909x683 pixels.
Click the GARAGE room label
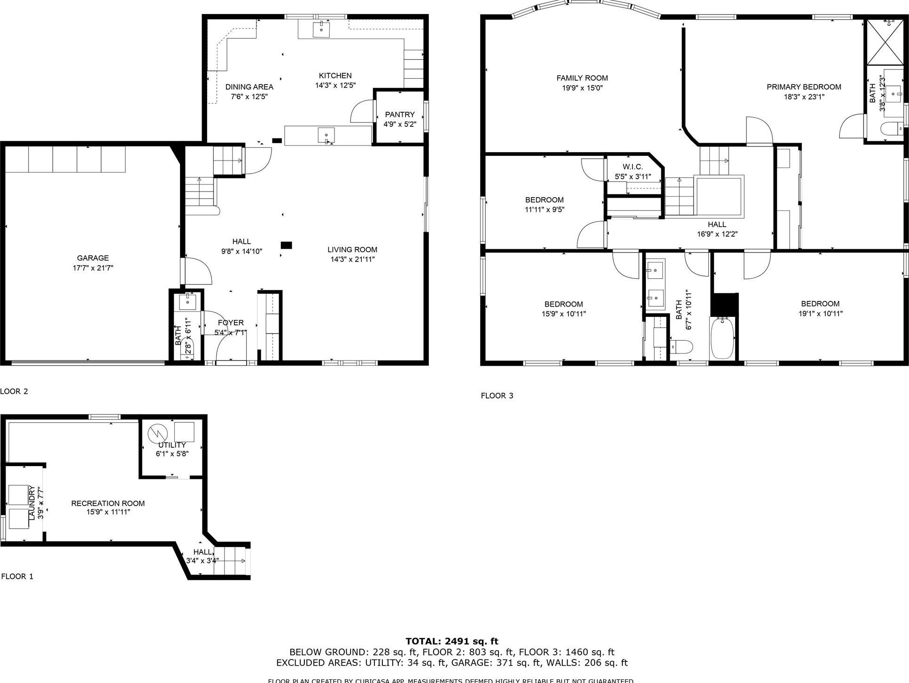[x=93, y=258]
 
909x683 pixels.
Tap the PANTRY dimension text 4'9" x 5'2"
[x=400, y=124]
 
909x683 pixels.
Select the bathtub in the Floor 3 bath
[x=722, y=338]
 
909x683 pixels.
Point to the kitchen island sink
[x=326, y=135]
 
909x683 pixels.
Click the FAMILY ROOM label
[x=582, y=78]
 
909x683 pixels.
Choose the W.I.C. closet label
[x=632, y=167]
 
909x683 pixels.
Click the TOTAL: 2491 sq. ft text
[x=451, y=641]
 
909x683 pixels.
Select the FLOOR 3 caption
[x=497, y=396]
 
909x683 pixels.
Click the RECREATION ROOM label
[x=108, y=503]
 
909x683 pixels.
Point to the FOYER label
[x=231, y=322]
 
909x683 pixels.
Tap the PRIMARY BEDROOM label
[x=803, y=87]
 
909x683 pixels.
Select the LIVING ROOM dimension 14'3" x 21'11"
[x=352, y=259]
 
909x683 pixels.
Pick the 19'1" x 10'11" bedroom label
[x=820, y=314]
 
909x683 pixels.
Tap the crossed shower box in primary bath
[x=884, y=42]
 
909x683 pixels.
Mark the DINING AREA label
[x=249, y=87]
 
